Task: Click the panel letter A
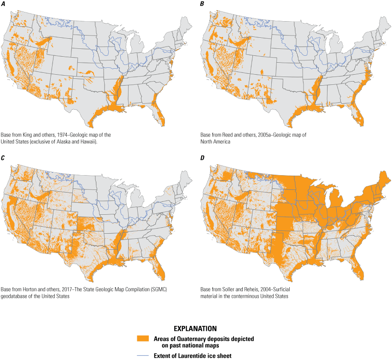click(4, 4)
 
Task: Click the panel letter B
click(202, 4)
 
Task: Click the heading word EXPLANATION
click(195, 329)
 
